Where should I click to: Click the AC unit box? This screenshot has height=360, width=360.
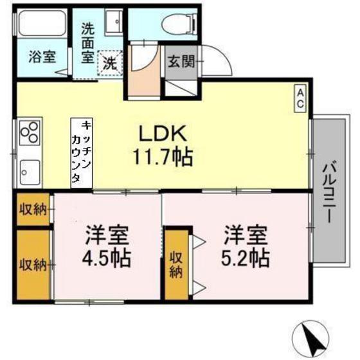300,98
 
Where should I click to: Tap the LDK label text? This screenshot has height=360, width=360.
163,134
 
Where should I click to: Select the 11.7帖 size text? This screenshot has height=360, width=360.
163,157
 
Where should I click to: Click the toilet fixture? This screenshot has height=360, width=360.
179,24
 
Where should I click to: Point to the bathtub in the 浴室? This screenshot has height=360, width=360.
42,22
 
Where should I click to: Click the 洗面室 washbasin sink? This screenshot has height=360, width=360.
114,22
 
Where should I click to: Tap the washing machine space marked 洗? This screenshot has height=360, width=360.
110,63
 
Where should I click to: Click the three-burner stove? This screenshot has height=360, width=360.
30,133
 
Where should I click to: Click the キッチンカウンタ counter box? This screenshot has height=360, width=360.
82,153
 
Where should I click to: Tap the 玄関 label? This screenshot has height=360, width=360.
181,61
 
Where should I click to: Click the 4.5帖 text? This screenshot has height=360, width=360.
107,258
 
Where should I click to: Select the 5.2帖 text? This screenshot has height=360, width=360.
245,258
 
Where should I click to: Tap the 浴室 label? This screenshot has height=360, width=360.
42,57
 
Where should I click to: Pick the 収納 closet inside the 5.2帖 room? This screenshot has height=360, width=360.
177,264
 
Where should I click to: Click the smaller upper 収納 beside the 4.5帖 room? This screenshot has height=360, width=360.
33,210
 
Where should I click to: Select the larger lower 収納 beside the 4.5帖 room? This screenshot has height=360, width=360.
33,265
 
